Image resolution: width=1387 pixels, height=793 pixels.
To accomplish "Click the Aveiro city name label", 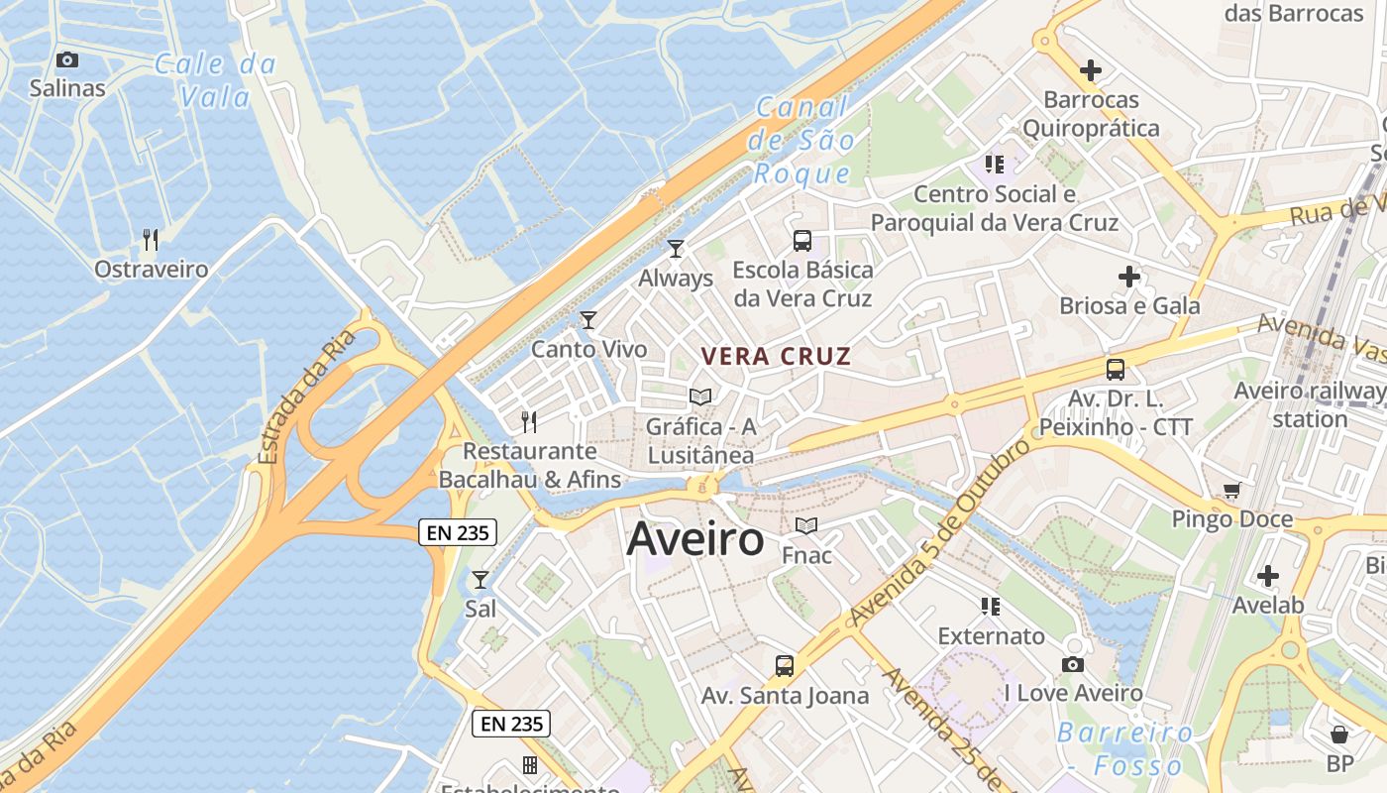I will [695, 539].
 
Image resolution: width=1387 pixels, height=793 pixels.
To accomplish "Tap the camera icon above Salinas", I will [67, 59].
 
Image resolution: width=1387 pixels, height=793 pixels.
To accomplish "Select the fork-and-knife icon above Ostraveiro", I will [151, 240].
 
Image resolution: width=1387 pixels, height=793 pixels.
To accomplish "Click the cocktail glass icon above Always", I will [676, 249].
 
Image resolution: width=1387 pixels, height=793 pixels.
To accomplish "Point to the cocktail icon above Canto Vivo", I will [588, 319].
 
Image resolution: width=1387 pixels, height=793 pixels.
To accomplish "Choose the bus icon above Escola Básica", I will [802, 240].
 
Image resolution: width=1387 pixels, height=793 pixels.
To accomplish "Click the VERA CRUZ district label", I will [776, 357].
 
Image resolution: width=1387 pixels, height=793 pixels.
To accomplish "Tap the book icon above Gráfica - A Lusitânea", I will [700, 397].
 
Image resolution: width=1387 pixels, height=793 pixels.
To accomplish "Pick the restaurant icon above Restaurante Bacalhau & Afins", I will [529, 422].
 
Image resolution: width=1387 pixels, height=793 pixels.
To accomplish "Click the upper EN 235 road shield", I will [457, 532].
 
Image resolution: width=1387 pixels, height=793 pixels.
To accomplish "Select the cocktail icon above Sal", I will [480, 579].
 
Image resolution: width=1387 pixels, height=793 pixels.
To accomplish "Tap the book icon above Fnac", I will [806, 525].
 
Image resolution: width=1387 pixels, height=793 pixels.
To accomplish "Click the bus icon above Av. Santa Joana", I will [785, 666].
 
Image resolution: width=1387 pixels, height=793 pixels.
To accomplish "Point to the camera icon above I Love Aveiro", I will [1073, 664].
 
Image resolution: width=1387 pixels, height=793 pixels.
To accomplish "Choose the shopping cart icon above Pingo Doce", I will [1232, 490].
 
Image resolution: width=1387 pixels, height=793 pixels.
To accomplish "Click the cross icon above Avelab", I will [1268, 576].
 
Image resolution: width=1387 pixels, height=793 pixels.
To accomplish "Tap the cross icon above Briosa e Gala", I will [1129, 277].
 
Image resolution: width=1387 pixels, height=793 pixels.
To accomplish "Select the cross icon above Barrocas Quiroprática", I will [1091, 70].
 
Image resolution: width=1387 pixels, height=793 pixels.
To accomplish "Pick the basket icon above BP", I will [1339, 735].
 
